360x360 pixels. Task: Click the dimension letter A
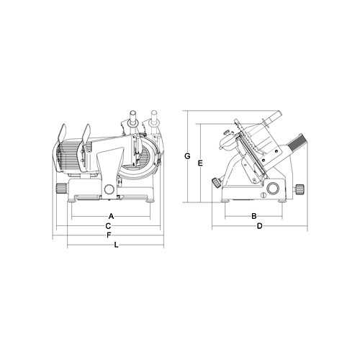(111, 216)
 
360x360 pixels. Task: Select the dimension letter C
(108, 226)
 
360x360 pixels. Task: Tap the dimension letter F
(109, 235)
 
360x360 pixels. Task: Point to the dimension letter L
(116, 245)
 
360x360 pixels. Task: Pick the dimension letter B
(254, 216)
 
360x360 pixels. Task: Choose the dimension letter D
(260, 226)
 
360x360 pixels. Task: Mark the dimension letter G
(187, 156)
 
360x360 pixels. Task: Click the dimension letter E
(200, 163)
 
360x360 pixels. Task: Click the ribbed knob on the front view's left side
(61, 188)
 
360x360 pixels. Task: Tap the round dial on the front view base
(109, 189)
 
